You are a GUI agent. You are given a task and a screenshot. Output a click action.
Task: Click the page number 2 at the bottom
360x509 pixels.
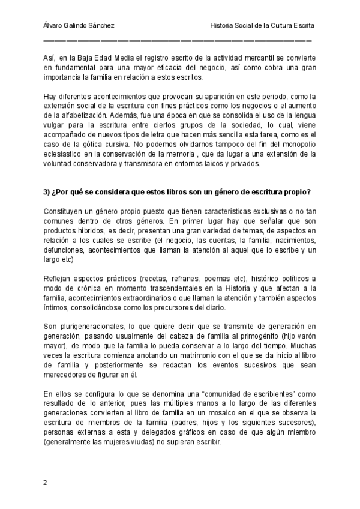coord(46,483)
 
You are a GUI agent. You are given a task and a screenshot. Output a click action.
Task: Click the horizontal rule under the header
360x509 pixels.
coord(178,41)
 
